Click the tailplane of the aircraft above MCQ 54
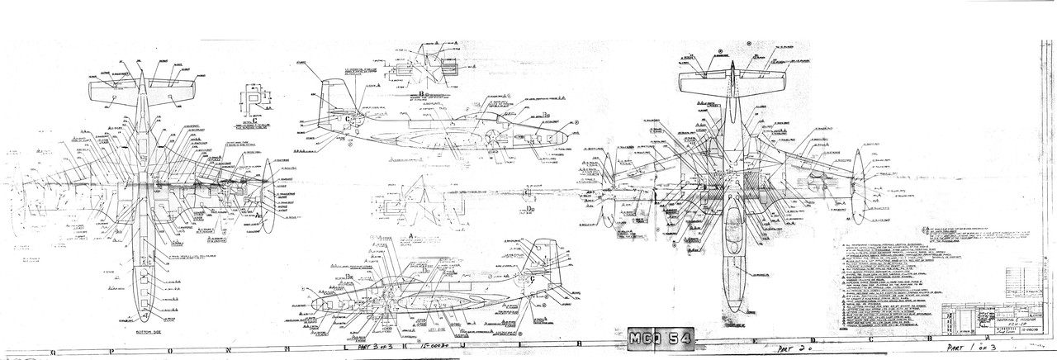point(733,83)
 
